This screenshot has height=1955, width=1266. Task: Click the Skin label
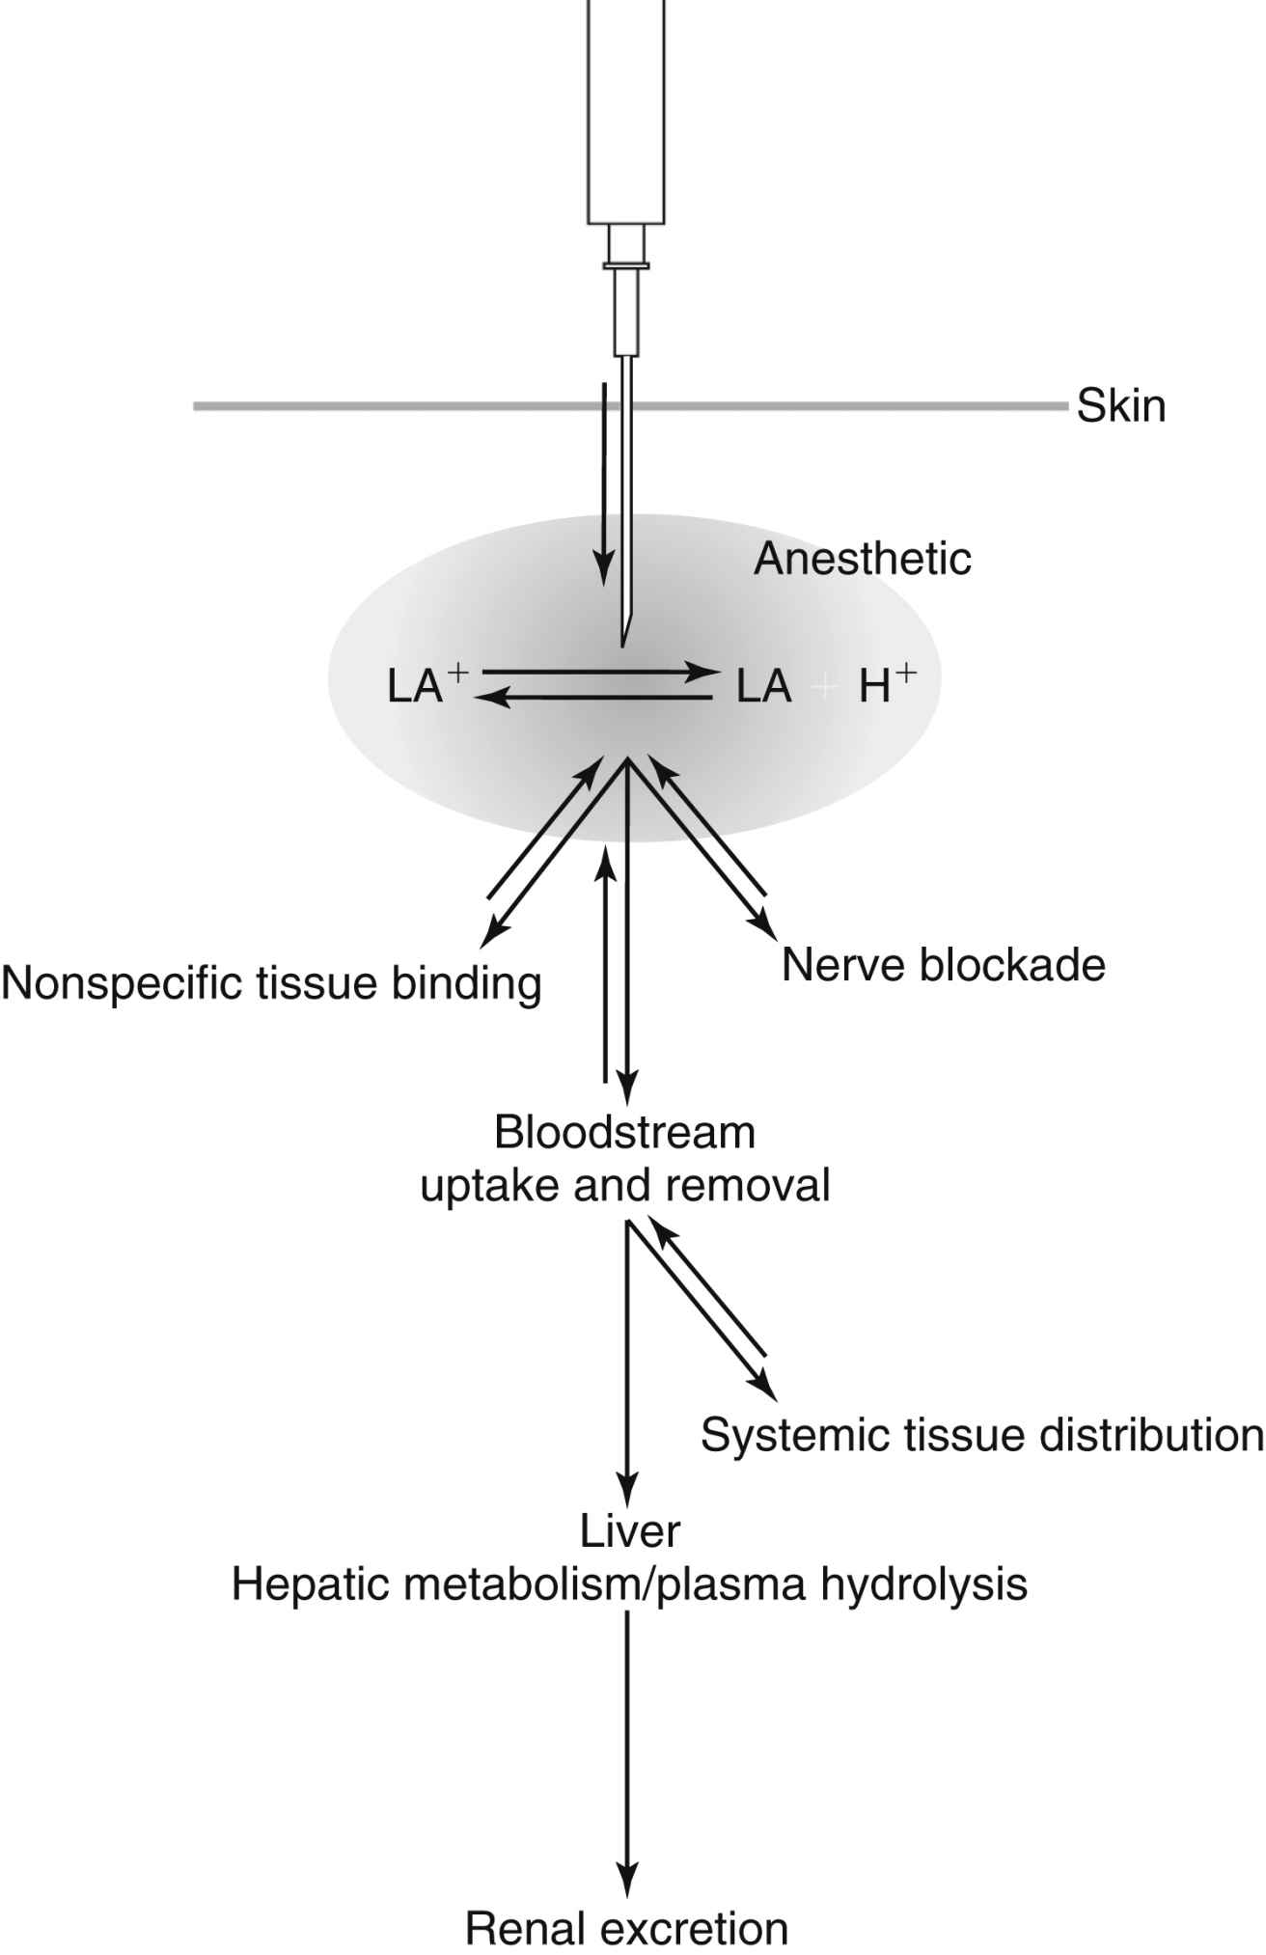1120,406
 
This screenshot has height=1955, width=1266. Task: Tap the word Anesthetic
862,559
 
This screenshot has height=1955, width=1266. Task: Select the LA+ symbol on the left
425,685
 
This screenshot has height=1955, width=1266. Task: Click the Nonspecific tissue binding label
271,983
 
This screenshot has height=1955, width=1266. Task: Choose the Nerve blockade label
943,964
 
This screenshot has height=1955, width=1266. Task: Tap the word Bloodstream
624,1132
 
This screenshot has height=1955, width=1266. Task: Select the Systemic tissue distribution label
981,1435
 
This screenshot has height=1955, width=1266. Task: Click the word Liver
630,1530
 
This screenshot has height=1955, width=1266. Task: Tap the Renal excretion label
626,1929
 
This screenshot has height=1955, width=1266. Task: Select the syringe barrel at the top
626,116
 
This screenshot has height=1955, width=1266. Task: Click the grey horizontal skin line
386,406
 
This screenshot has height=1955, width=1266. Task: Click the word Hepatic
306,1583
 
